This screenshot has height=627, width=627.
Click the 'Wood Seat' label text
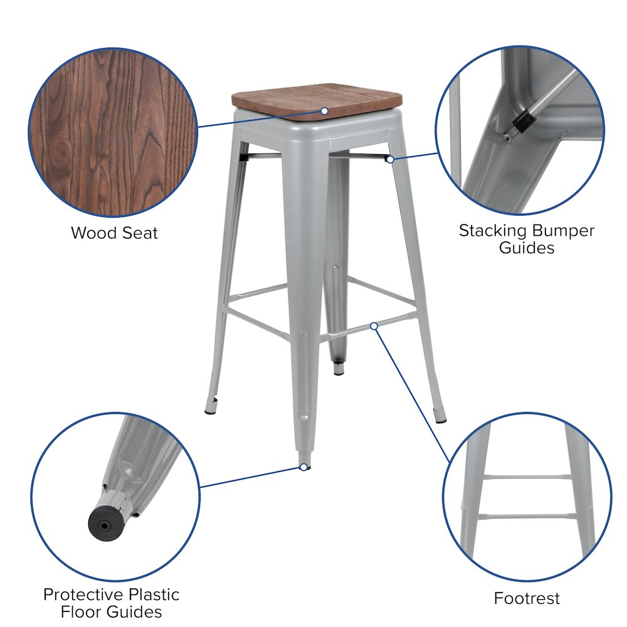(114, 233)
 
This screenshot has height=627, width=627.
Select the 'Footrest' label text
(527, 598)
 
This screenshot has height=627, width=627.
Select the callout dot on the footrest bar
(374, 325)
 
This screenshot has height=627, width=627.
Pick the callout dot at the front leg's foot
(303, 467)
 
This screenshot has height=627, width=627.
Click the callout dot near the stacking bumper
(390, 159)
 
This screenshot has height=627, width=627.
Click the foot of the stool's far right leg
(442, 416)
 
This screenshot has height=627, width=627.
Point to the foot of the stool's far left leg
(210, 411)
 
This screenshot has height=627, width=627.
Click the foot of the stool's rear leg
(339, 370)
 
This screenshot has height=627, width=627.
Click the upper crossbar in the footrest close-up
(527, 477)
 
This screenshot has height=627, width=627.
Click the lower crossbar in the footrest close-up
(527, 517)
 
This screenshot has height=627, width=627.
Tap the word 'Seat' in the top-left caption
(139, 233)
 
